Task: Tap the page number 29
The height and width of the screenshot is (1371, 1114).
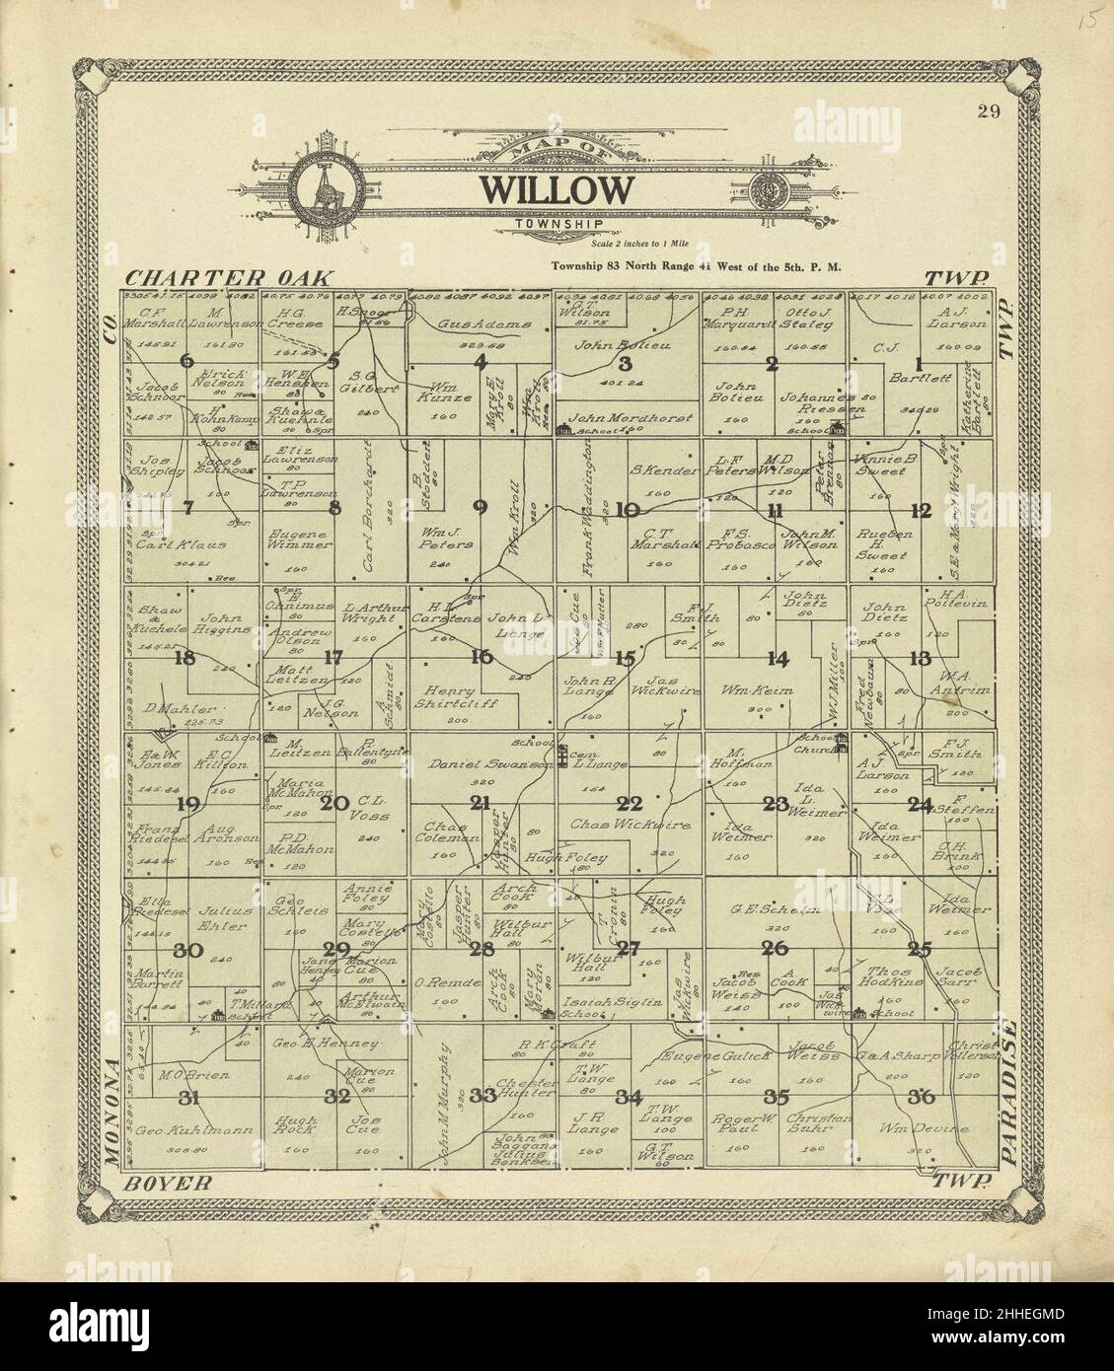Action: click(x=989, y=111)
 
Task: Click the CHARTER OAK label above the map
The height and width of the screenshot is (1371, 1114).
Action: click(x=231, y=279)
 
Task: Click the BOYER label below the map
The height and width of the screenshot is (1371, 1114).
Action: click(x=168, y=1182)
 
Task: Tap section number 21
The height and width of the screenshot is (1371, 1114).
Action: click(x=481, y=803)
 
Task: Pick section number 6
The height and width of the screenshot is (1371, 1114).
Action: click(x=186, y=361)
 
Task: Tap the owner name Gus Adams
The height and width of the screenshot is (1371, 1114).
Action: click(x=478, y=323)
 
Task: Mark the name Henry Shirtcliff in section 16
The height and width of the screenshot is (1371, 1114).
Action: click(x=458, y=696)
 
